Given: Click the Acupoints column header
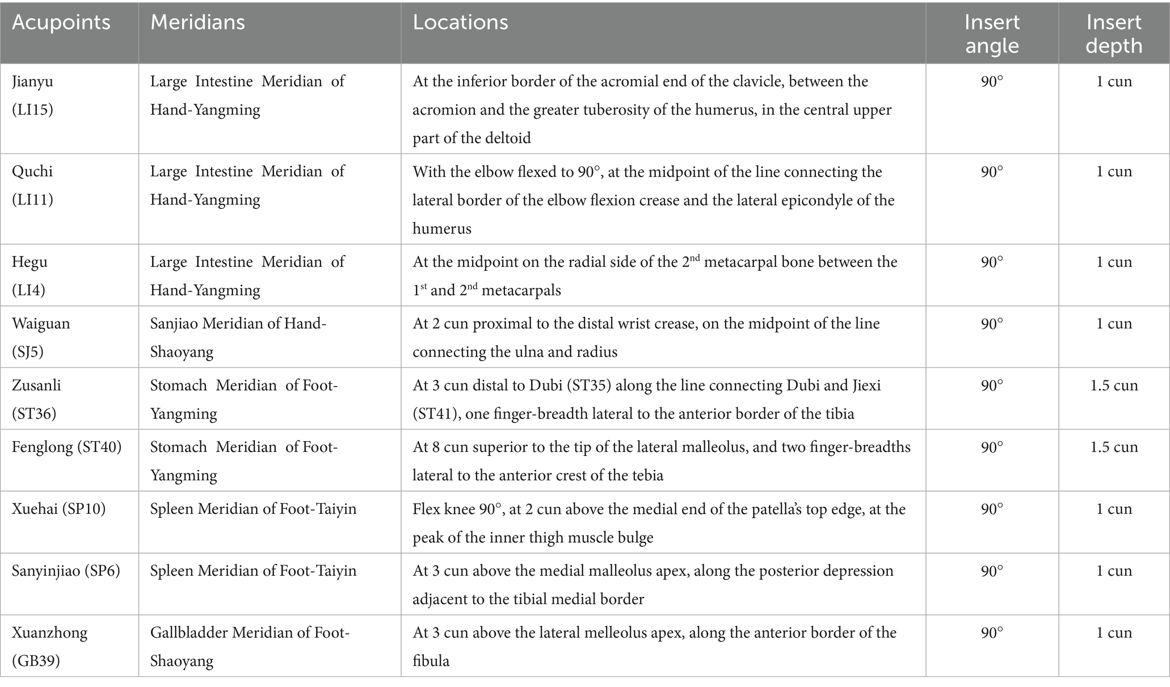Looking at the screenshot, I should [x=61, y=23].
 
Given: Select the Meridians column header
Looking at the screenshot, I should [x=197, y=23].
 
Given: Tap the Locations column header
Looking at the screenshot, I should [x=460, y=23].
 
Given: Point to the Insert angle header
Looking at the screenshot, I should [x=992, y=34].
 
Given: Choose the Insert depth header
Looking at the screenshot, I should [x=1114, y=34].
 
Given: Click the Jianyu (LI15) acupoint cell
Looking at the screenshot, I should [x=33, y=95].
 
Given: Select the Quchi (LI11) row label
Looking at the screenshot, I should [x=33, y=186].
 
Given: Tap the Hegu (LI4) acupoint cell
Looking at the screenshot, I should [x=30, y=276].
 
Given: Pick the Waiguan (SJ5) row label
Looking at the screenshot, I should [x=41, y=338].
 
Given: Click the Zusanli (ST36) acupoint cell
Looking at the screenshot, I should [x=36, y=399].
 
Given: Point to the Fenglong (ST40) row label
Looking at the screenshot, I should [x=67, y=447].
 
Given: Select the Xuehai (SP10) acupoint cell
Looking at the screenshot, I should [x=59, y=509].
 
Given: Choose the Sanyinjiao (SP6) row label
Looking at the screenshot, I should [x=66, y=571].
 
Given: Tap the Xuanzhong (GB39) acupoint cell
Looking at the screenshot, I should [x=50, y=647].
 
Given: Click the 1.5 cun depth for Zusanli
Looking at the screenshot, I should [x=1114, y=386].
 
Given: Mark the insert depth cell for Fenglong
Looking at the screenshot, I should [x=1114, y=447].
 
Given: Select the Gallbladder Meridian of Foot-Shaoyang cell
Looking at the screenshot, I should [x=250, y=647].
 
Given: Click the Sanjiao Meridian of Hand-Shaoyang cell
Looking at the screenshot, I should [x=238, y=338].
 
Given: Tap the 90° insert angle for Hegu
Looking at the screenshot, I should [x=992, y=262].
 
